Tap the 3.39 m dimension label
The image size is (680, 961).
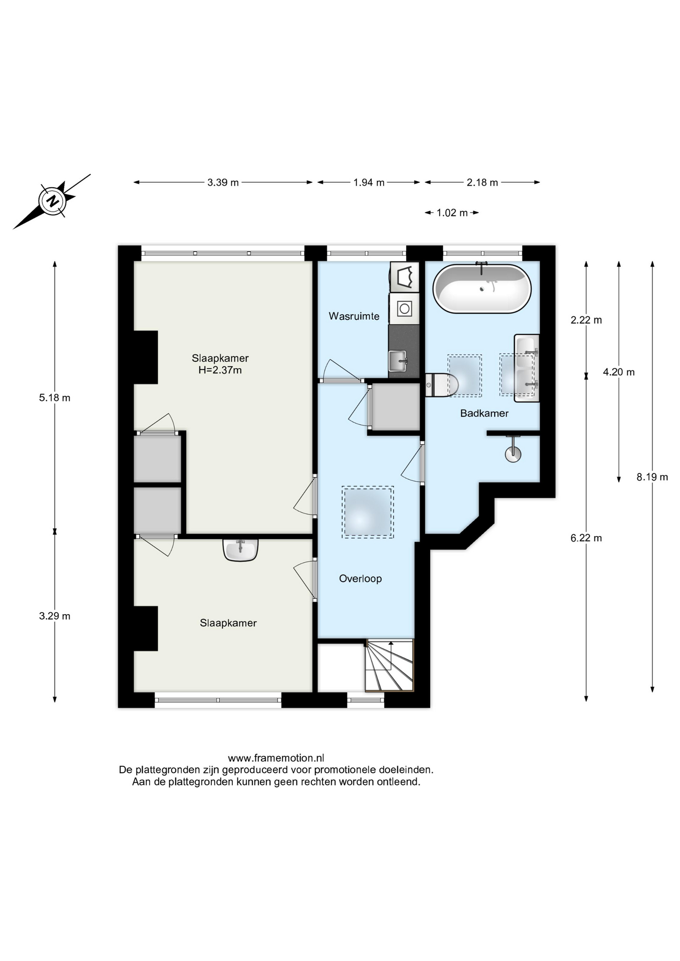click(223, 183)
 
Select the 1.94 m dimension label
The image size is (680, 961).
click(369, 183)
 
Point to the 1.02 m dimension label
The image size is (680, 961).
click(452, 213)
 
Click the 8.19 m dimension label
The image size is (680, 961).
click(652, 477)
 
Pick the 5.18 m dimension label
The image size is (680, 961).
click(55, 398)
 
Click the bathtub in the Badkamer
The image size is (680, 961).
click(482, 289)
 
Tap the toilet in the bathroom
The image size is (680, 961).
click(442, 385)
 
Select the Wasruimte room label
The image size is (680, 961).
click(354, 316)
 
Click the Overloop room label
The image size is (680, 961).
click(361, 579)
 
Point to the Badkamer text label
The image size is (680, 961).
click(484, 413)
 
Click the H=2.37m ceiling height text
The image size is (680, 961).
click(220, 370)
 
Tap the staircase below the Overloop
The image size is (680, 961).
click(390, 666)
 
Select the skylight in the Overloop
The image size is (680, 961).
click(368, 512)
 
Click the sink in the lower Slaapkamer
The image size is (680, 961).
click(240, 550)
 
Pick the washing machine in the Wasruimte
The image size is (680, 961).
click(405, 308)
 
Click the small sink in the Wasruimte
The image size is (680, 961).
click(398, 361)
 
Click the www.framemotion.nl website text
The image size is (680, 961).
click(276, 758)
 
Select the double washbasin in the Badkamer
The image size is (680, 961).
click(527, 368)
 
